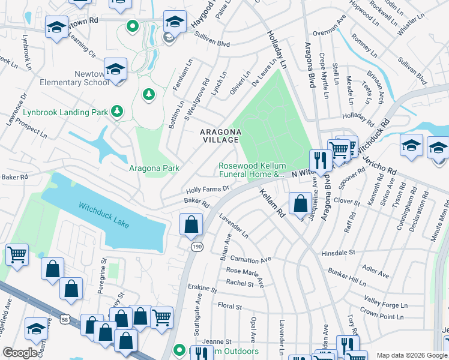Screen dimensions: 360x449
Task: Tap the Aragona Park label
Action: tap(154, 169)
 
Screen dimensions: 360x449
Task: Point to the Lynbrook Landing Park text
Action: tap(66, 112)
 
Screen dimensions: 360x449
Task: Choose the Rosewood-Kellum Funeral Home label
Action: tap(252, 170)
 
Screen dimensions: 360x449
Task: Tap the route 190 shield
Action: tap(196, 247)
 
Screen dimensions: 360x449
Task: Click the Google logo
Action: tap(20, 353)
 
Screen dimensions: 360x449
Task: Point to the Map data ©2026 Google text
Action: tap(411, 355)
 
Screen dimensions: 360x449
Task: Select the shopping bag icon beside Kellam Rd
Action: tap(300, 203)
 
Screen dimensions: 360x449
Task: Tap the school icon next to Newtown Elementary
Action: tap(115, 69)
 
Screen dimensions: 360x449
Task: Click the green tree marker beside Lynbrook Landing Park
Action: tap(118, 111)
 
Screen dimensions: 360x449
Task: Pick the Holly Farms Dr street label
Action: tap(208, 189)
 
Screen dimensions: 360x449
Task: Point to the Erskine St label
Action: tap(201, 287)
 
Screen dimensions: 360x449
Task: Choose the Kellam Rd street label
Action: tap(271, 202)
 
